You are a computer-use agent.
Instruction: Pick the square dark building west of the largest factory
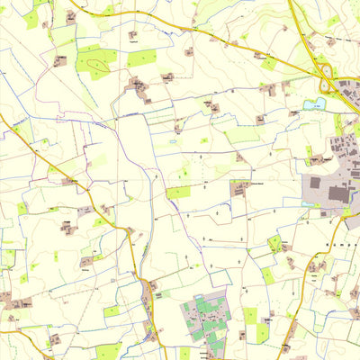coord(316,190)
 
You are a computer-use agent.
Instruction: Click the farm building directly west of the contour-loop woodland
coord(60,61)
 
